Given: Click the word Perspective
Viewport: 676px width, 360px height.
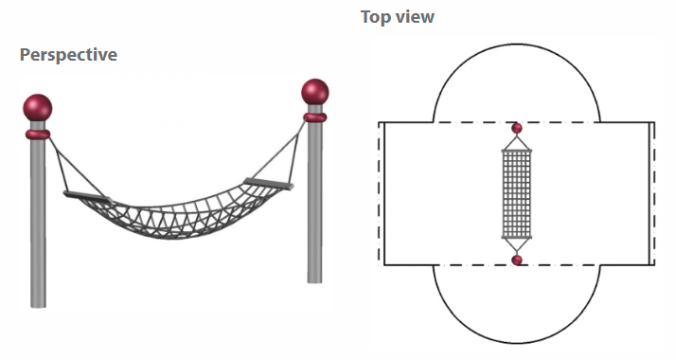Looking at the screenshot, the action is point(68,56).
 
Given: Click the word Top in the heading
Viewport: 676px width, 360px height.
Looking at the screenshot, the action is point(375,18).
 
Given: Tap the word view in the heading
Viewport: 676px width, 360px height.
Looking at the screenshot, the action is point(415,17).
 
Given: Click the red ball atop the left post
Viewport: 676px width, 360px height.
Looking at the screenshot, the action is point(38,107).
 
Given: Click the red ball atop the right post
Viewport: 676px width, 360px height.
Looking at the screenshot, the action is point(315,91).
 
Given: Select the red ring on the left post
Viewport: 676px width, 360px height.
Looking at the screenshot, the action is point(38,135).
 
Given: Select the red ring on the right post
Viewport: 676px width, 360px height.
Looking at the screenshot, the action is point(315,117).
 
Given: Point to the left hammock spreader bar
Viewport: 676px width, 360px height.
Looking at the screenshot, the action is point(88,197).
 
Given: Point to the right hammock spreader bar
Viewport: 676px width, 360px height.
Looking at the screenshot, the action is point(269,184).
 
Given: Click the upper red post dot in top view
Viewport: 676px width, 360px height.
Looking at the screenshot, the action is point(517,128).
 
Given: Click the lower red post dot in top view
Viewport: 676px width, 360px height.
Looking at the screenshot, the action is point(517,260).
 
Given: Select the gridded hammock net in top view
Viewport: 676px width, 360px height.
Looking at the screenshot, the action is point(517,194).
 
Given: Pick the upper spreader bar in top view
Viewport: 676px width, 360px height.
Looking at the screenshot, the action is point(517,151).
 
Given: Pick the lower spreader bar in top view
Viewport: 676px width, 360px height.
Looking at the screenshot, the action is point(517,237).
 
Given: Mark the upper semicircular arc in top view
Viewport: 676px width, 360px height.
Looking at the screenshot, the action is point(517,44).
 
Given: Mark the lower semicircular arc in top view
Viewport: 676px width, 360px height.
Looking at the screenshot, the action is point(517,343).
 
